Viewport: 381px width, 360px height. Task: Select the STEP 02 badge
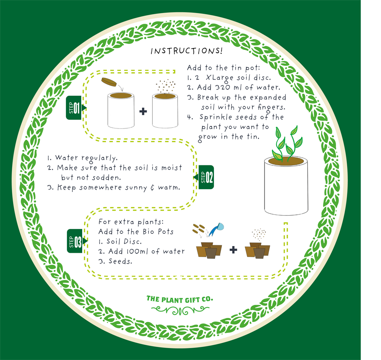[206, 177]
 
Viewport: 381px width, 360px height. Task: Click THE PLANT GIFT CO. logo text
[180, 299]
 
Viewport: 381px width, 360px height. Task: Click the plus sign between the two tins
[143, 111]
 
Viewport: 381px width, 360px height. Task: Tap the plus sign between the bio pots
[233, 249]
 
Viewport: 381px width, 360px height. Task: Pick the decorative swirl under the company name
[180, 309]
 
